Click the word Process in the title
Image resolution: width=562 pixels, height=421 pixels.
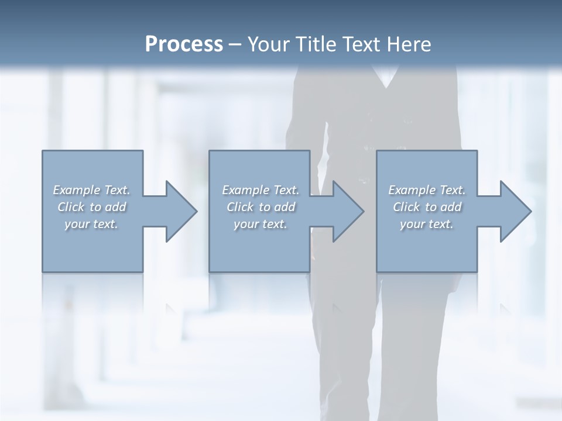tap(184, 44)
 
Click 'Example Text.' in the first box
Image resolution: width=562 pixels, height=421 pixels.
tap(91, 190)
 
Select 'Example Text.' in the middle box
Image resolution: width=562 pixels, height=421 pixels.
tap(261, 190)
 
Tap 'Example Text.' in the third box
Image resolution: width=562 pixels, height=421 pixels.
tap(427, 190)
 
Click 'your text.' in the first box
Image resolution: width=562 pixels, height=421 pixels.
tap(91, 224)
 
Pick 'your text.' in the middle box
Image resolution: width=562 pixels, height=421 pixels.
tap(261, 224)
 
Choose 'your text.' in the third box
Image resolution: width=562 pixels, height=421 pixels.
tap(427, 224)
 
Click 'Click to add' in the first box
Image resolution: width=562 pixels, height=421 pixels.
tap(91, 207)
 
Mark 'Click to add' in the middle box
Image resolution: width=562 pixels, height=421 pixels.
tap(261, 207)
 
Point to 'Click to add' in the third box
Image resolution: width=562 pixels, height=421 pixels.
tap(427, 207)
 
